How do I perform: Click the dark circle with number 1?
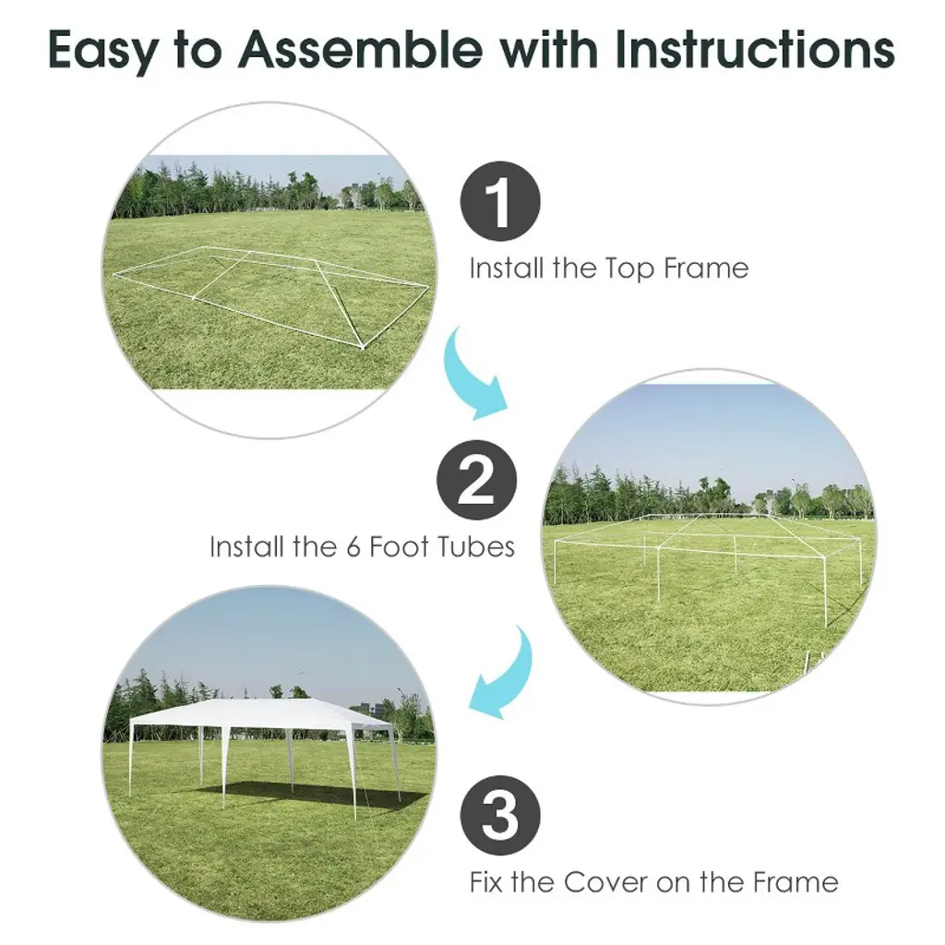(500, 201)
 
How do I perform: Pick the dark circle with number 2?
(477, 480)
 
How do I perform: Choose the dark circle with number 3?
(500, 815)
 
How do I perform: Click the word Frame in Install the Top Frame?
(706, 268)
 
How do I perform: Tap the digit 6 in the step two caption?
(353, 547)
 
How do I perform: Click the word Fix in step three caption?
(487, 882)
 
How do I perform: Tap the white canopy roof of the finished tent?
(260, 714)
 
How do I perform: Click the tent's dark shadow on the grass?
(307, 795)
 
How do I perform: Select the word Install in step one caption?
(507, 268)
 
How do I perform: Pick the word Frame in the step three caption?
(795, 882)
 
